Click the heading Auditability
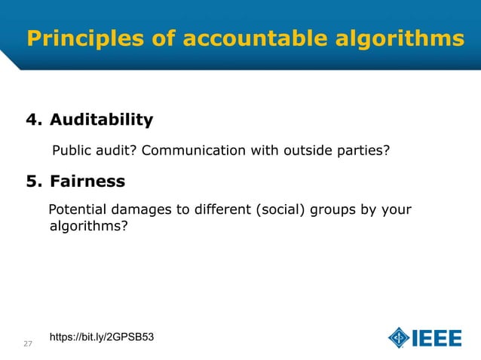coord(101,120)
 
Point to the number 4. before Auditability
coord(35,120)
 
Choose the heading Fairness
coord(87,182)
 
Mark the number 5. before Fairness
coord(35,182)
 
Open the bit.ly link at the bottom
coord(102,336)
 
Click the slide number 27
coord(28,344)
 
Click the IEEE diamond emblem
coord(399,338)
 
